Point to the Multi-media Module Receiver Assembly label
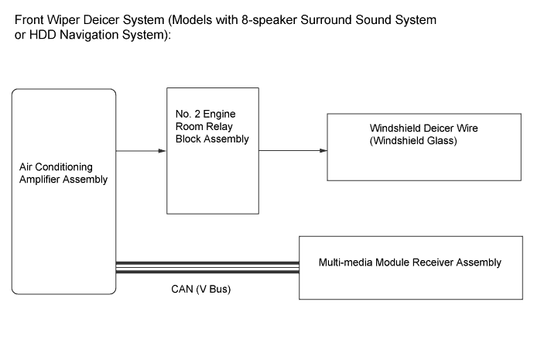tap(409, 262)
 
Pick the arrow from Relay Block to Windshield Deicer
tap(290, 151)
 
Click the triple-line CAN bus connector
tap(207, 268)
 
